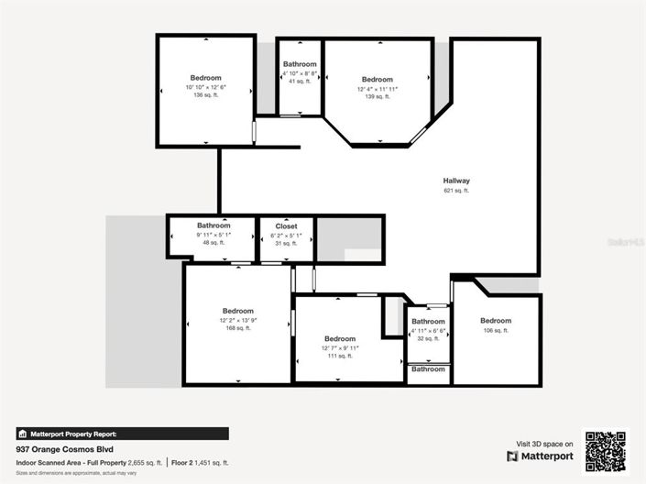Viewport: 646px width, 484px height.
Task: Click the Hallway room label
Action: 455,181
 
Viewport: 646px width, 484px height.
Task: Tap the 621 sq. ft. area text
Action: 455,191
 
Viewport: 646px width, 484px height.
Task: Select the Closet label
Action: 286,225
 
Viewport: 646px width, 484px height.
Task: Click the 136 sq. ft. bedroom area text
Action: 205,95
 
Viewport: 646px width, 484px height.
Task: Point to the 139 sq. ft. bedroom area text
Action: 377,96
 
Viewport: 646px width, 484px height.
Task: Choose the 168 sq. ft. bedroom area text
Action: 238,328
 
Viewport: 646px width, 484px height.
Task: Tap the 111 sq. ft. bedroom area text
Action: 339,357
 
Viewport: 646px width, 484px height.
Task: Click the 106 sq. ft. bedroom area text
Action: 496,330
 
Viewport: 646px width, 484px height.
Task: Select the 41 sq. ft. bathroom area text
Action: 300,82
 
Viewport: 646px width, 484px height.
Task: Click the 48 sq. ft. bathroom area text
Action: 213,243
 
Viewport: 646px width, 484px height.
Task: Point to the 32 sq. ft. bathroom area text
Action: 428,338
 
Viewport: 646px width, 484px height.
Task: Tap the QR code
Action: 606,450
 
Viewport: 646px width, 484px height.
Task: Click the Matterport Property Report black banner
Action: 123,434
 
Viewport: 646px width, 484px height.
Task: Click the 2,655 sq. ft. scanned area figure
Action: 145,463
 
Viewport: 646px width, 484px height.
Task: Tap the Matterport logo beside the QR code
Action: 540,456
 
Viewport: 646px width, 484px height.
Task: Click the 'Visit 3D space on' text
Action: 544,443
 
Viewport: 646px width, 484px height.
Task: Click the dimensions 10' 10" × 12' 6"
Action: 205,87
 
